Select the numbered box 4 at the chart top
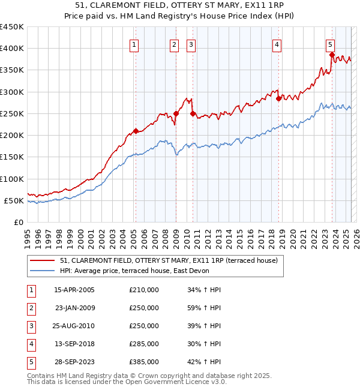click(277, 44)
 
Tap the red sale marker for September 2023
click(332, 55)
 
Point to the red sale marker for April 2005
click(136, 130)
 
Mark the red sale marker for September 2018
click(278, 98)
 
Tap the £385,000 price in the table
click(144, 362)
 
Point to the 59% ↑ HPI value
click(205, 308)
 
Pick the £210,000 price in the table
click(144, 290)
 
